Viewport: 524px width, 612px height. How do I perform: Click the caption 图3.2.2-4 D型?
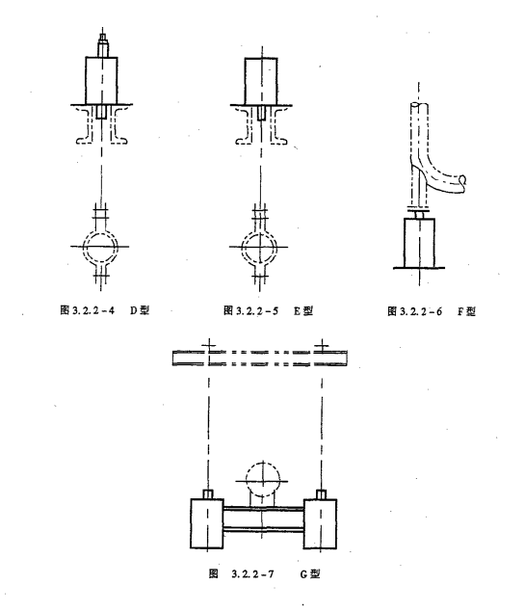click(x=105, y=310)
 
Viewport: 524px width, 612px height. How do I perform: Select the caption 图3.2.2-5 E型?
click(x=269, y=310)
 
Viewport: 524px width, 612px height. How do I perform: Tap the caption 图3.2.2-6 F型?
click(x=432, y=311)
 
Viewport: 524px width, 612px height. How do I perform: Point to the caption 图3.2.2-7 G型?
click(x=265, y=573)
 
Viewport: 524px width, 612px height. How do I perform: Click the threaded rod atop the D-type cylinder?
click(x=103, y=45)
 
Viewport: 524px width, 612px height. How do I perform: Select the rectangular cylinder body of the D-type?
click(x=101, y=81)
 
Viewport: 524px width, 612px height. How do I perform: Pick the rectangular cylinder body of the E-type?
click(x=261, y=81)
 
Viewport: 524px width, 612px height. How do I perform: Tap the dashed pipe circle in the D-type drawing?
click(x=100, y=247)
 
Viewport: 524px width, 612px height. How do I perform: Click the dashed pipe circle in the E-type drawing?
click(x=259, y=247)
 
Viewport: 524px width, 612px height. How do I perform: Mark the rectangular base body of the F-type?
click(x=419, y=243)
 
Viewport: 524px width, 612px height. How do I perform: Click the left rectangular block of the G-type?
click(x=207, y=523)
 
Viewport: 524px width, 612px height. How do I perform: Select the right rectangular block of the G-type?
click(x=321, y=523)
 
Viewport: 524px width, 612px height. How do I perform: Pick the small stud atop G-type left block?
click(x=208, y=494)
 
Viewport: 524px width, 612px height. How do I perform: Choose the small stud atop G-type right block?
click(x=321, y=494)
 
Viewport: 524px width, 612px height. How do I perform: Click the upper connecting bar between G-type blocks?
click(x=264, y=509)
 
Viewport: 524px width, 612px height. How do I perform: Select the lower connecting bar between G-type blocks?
click(x=264, y=530)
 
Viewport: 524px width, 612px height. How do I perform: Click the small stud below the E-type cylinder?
click(x=261, y=113)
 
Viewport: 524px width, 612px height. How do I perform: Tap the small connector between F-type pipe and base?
click(x=419, y=213)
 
